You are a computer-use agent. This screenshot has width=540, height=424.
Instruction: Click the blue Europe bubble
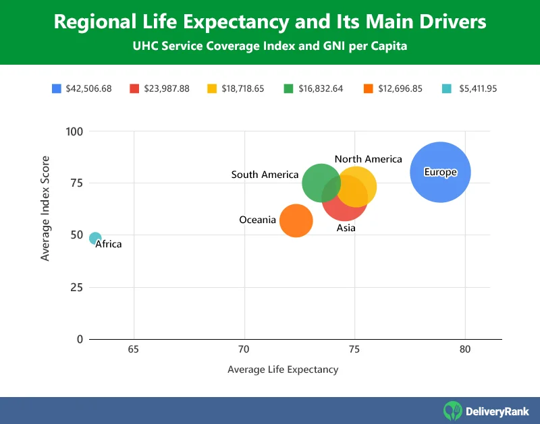[440, 172]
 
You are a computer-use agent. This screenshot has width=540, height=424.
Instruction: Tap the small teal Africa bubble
[95, 238]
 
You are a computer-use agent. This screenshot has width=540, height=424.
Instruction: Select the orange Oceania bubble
[296, 221]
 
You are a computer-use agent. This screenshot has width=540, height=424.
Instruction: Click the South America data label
[265, 175]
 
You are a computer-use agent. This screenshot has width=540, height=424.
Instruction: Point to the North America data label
[368, 159]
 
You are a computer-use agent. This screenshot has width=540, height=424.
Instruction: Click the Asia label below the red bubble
[346, 229]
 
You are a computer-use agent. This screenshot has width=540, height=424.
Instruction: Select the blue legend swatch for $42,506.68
[57, 88]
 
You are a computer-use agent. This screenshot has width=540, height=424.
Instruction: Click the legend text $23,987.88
[166, 88]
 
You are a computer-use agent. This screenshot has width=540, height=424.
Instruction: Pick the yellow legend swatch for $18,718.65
[212, 88]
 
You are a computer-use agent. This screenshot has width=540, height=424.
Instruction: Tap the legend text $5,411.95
[477, 88]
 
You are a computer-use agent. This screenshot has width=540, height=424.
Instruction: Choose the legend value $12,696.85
[400, 88]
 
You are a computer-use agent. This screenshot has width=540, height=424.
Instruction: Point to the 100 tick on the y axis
[74, 131]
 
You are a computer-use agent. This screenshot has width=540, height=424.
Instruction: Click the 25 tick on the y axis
[76, 287]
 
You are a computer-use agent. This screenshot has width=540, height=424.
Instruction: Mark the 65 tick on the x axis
[134, 350]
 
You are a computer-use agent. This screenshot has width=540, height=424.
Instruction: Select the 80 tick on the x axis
[465, 350]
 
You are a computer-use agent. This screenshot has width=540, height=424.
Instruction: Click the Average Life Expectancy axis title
[283, 369]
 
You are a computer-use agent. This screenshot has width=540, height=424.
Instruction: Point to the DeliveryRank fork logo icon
[453, 410]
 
